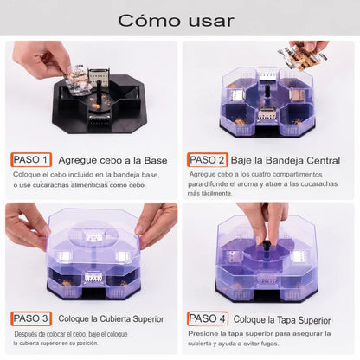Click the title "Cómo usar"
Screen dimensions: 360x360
[176, 21]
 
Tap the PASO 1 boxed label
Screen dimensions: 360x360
[31, 160]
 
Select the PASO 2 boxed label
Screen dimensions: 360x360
[208, 160]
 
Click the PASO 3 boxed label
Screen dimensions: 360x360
[31, 318]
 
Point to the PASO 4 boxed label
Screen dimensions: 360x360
[208, 318]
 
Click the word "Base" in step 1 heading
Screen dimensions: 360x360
[156, 160]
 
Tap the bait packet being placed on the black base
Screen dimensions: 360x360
[77, 80]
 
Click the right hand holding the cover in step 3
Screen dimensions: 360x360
[157, 223]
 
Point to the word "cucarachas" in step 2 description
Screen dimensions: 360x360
[319, 184]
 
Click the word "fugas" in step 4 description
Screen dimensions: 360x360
[269, 344]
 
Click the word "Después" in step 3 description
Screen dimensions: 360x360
[25, 334]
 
